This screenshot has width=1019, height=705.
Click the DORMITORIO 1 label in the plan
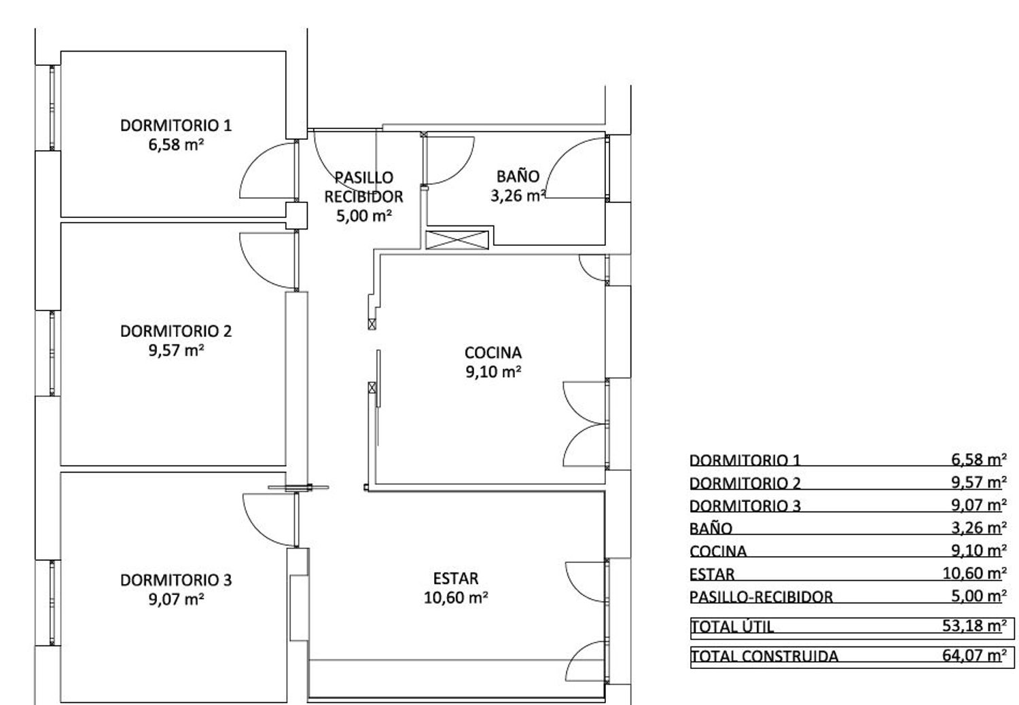[176, 126]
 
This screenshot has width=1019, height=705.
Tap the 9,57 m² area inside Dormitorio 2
[176, 350]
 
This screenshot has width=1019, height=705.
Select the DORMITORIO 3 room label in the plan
[176, 580]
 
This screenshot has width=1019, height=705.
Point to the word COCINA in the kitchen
[493, 352]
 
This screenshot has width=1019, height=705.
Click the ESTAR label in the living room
[456, 579]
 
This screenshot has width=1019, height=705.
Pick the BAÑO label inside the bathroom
[518, 176]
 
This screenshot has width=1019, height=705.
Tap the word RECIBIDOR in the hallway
[363, 196]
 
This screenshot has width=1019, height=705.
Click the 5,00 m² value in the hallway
[364, 215]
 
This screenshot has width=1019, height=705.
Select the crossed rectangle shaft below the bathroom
[457, 240]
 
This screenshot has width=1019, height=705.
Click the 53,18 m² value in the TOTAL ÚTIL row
[974, 626]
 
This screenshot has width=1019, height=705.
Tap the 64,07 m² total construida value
[974, 655]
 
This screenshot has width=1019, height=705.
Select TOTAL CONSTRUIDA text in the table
[765, 656]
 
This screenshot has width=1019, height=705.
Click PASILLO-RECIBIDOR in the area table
[761, 597]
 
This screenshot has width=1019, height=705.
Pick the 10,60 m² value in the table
[975, 573]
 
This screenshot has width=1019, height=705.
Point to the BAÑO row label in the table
[711, 528]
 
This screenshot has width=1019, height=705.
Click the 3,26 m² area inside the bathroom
[518, 196]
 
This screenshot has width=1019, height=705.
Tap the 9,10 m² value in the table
[979, 551]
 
